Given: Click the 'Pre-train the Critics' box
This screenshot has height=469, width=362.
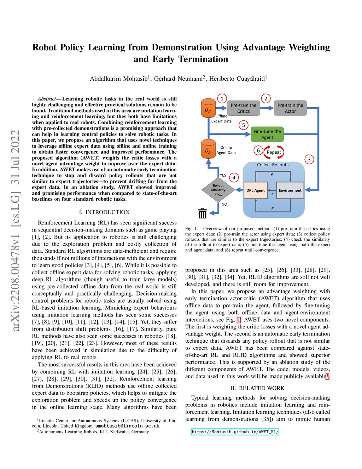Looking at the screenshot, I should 243,108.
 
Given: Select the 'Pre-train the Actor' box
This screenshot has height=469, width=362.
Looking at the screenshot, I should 290,108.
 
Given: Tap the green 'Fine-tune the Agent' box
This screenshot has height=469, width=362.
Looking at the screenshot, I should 267,135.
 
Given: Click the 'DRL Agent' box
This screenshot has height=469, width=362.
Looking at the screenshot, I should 255,190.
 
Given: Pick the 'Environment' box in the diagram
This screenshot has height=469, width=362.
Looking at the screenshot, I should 290,190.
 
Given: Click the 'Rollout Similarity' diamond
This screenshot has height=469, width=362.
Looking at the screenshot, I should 218,190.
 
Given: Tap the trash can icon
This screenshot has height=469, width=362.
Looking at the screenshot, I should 202,213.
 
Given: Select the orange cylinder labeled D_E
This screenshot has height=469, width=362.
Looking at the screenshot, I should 208,109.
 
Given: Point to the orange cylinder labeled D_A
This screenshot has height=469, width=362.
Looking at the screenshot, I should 208,150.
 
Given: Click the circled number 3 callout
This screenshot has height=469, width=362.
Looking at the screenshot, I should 309,159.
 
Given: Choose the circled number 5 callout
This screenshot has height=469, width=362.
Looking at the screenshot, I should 243,125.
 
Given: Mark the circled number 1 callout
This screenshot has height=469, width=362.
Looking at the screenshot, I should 222,98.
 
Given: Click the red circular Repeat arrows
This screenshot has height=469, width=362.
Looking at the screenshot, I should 274,152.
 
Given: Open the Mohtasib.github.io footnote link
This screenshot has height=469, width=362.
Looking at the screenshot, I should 235,432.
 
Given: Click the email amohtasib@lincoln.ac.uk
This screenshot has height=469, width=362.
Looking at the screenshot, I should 127,426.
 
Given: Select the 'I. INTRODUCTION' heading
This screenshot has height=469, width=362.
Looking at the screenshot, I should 104,212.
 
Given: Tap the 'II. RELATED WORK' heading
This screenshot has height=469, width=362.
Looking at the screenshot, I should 257,388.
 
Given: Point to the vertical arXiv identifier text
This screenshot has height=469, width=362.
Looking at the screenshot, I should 15,230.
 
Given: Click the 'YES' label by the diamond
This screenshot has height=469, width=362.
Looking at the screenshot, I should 223,175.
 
